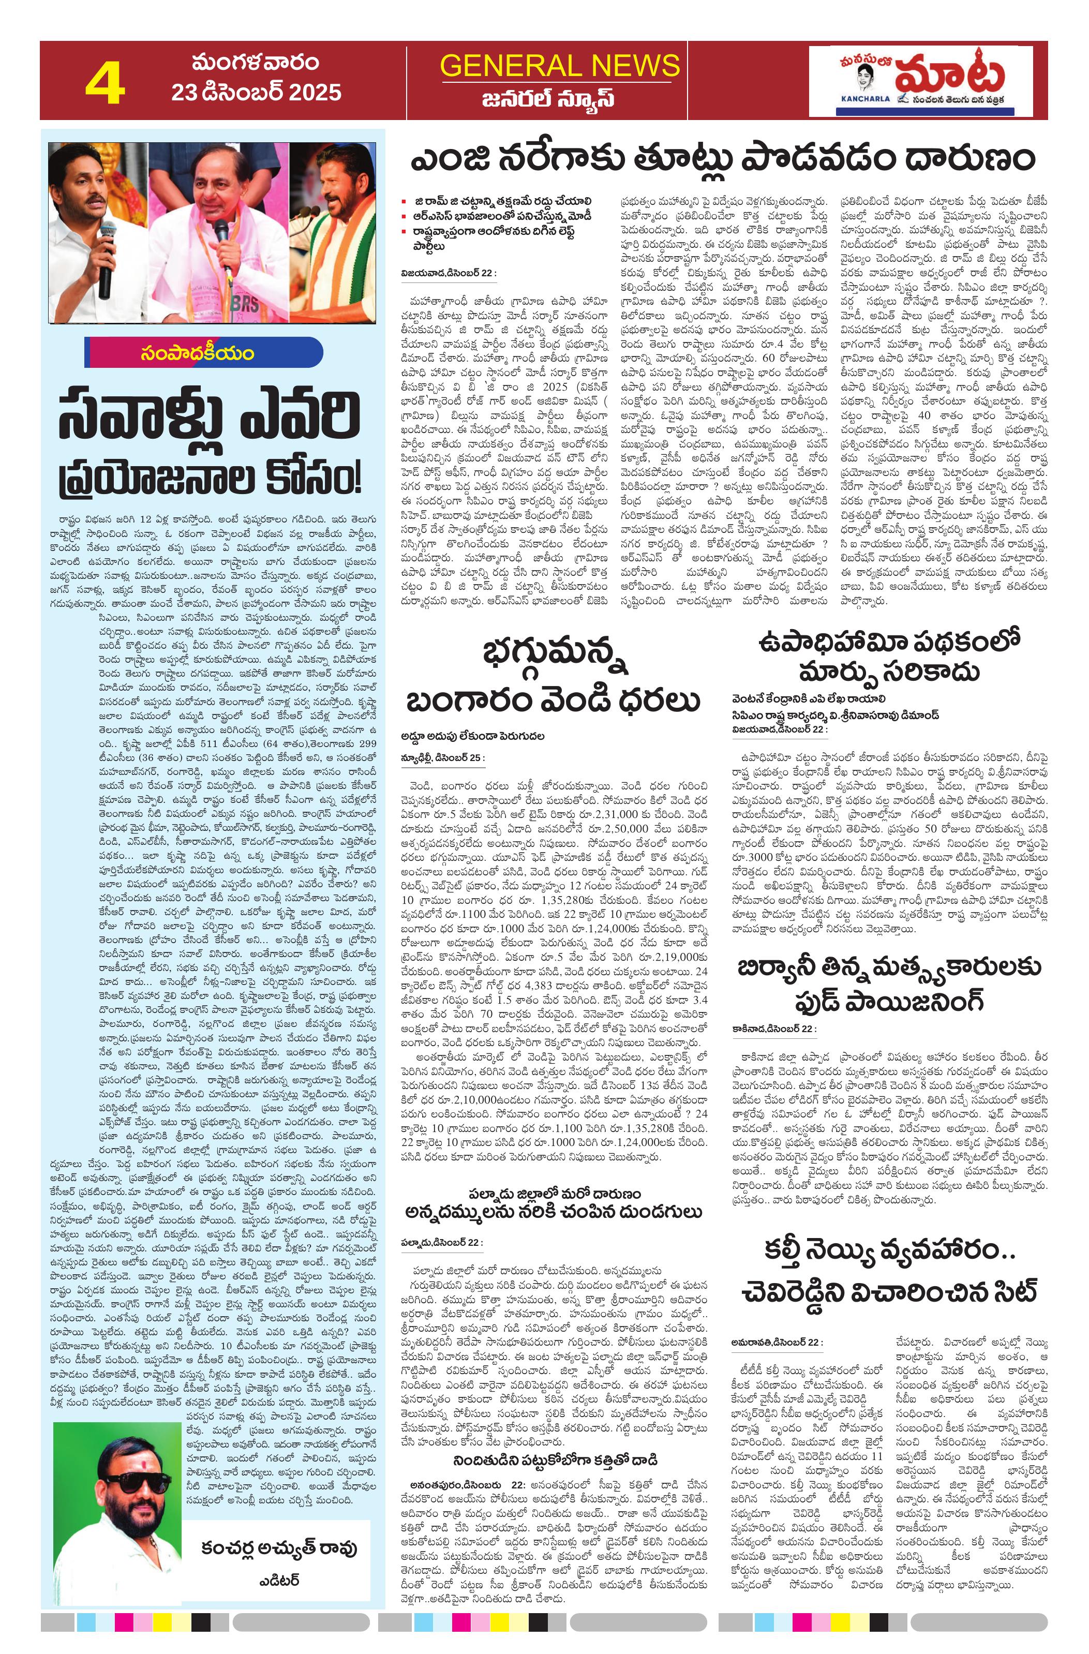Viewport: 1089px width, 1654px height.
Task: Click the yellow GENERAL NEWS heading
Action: pyautogui.click(x=559, y=66)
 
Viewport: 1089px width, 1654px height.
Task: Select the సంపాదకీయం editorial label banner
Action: pyautogui.click(x=204, y=352)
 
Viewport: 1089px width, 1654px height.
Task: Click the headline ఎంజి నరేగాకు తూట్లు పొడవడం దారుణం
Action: pyautogui.click(x=722, y=160)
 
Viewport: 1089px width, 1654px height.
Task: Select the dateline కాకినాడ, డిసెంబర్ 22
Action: pyautogui.click(x=774, y=1028)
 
